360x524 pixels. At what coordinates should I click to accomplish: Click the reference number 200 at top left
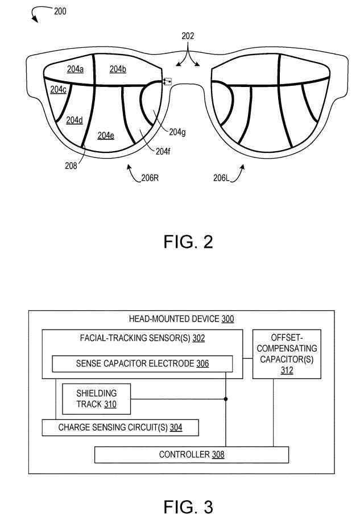60,10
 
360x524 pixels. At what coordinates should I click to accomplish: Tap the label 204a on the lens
75,69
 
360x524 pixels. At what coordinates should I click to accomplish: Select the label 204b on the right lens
118,69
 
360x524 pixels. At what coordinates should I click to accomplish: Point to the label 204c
58,89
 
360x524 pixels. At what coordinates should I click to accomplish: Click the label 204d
75,120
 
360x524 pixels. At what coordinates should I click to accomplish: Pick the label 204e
106,135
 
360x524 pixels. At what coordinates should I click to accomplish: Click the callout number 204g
177,132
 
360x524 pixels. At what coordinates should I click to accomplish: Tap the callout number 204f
163,151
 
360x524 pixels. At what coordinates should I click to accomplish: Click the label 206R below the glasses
150,178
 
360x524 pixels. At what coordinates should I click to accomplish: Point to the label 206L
222,178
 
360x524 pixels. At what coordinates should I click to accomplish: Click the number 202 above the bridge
188,36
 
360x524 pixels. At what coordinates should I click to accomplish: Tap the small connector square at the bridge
167,82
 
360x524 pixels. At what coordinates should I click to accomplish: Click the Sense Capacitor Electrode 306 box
142,364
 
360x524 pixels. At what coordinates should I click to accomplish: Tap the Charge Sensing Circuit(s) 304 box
120,427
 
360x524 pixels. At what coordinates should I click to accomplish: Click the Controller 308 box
191,455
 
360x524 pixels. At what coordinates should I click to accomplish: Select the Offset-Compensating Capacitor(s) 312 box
287,354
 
